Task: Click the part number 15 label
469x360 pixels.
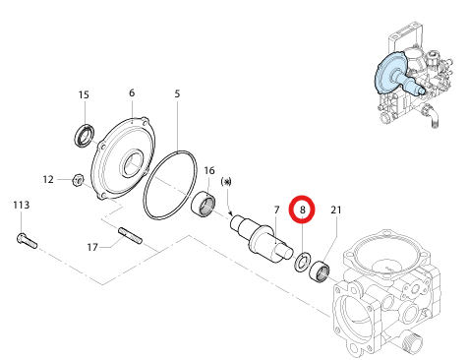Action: click(84, 94)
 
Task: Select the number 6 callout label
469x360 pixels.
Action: click(132, 93)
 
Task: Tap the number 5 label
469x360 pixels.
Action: click(177, 93)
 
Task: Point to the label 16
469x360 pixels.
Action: click(209, 171)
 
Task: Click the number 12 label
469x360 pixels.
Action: click(48, 180)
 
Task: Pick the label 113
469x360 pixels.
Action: click(22, 206)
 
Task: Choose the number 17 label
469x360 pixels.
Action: click(92, 247)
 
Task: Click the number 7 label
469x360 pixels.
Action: click(277, 210)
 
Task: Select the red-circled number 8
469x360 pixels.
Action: click(302, 210)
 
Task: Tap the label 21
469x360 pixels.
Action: click(336, 210)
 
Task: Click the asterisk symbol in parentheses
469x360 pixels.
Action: click(226, 182)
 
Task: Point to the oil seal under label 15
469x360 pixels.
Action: click(85, 136)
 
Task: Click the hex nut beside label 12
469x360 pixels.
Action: click(78, 180)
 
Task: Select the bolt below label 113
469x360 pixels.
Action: click(27, 241)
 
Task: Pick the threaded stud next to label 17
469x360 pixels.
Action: click(130, 235)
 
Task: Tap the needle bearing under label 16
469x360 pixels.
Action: click(204, 205)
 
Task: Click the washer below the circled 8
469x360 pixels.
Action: click(302, 262)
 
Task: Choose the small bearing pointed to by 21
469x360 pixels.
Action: click(320, 271)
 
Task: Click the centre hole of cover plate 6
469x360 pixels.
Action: click(132, 163)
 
